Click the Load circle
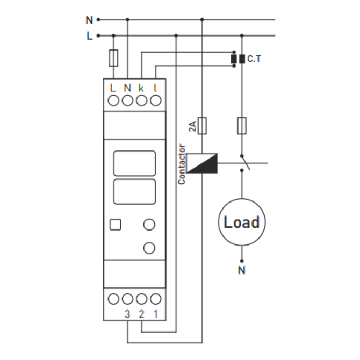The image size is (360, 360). click(241, 222)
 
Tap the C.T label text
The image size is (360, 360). click(254, 59)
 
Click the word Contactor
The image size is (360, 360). click(182, 164)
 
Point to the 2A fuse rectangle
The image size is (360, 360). click(202, 125)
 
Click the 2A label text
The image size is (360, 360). click(192, 127)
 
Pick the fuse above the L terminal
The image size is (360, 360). click(113, 58)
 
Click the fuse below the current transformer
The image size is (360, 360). click(242, 125)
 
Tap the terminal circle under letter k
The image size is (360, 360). click(142, 100)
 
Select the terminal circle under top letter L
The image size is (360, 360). click(113, 100)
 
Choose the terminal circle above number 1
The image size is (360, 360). click(156, 299)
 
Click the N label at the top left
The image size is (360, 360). click(89, 20)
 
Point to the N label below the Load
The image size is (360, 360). click(242, 270)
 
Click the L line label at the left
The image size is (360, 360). click(89, 36)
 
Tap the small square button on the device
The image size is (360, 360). click(116, 225)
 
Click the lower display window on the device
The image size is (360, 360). click(134, 192)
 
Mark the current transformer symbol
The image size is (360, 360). click(237, 59)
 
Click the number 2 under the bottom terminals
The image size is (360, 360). click(142, 314)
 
